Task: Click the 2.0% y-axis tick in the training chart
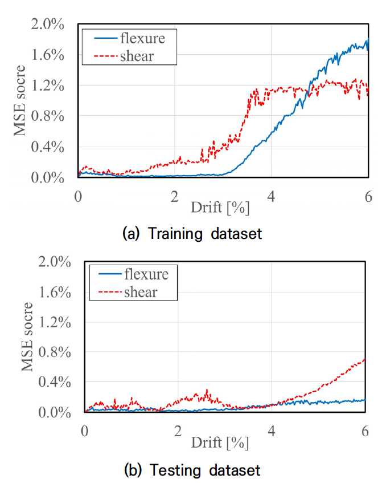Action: coord(47,25)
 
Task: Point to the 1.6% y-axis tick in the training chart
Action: coord(47,55)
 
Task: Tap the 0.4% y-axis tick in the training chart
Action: coord(47,147)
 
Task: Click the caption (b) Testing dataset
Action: coord(191,470)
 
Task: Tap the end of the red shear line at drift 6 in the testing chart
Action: coord(364,359)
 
